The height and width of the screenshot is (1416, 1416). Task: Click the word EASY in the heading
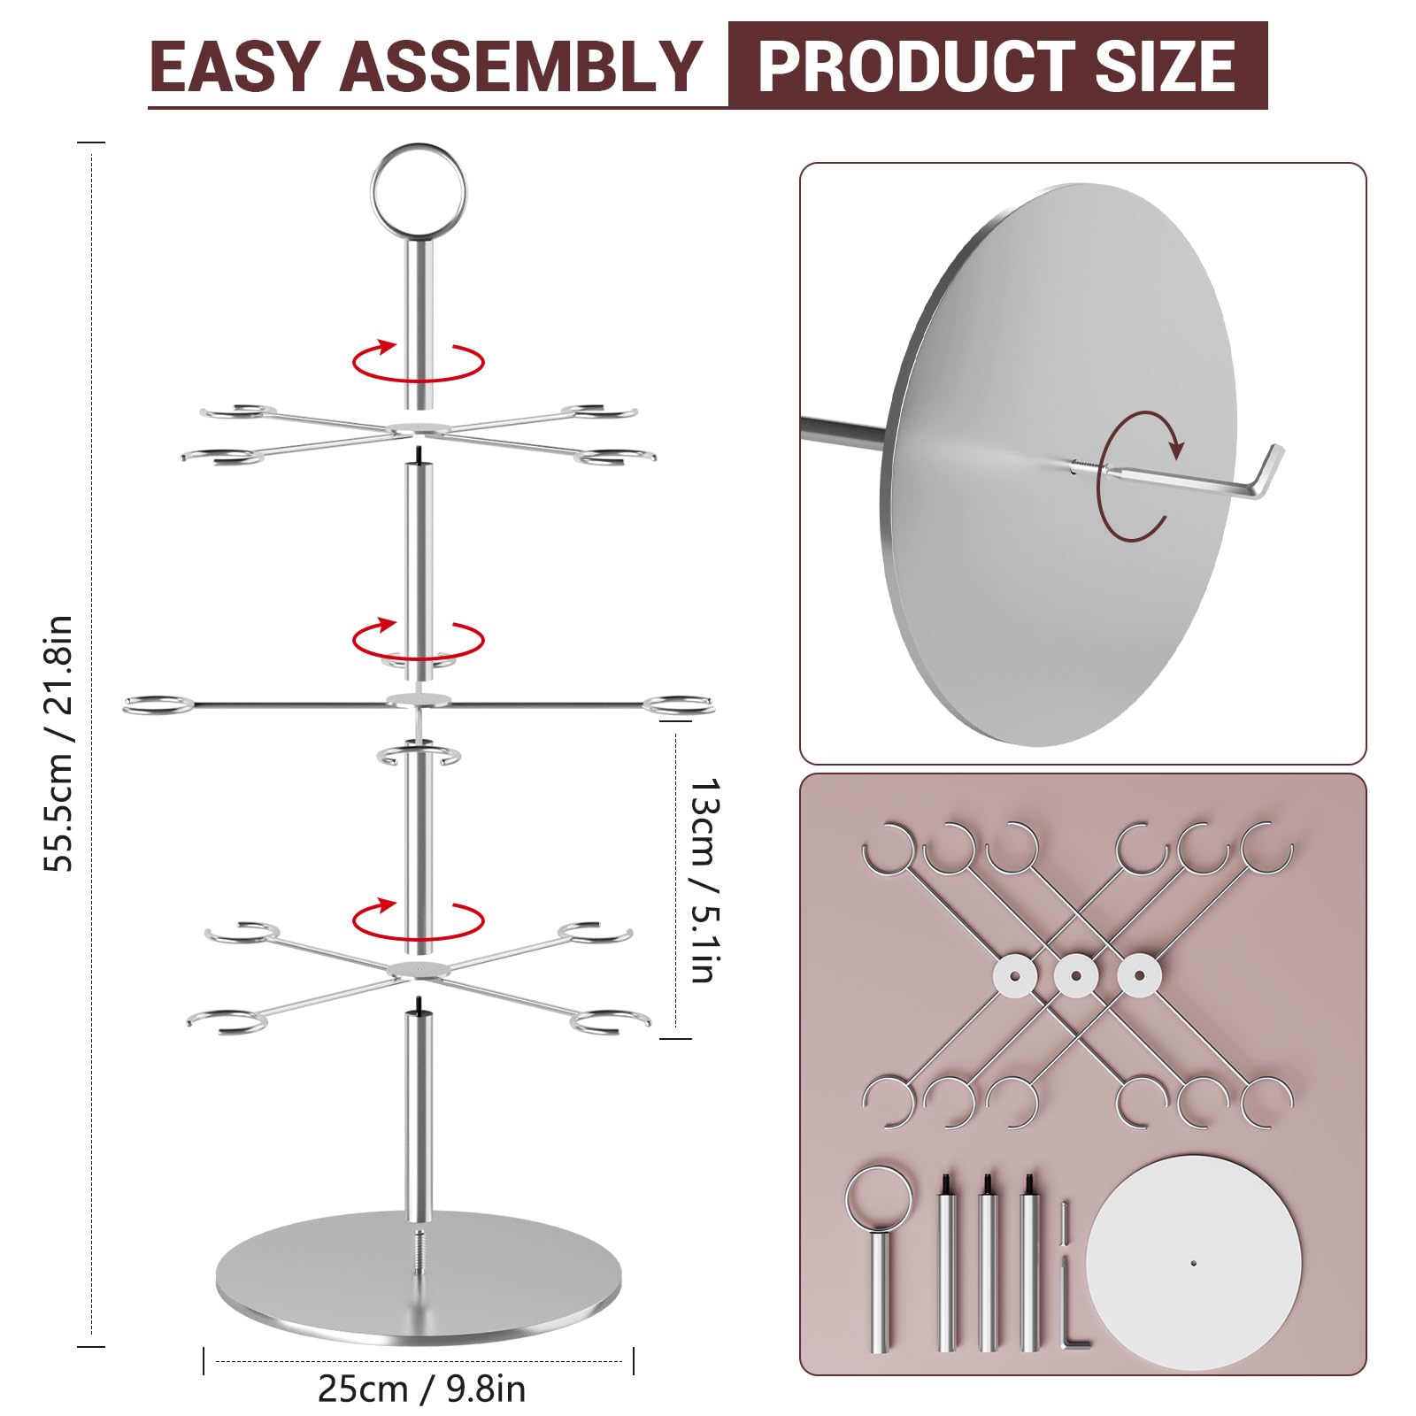234,66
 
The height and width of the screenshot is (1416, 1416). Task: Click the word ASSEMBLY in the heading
521,66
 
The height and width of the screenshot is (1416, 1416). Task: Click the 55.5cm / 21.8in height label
58,743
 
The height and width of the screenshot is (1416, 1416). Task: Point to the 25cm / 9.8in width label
421,1389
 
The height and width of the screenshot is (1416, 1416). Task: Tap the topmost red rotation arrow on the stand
418,360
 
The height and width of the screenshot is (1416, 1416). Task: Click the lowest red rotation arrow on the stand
418,920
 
